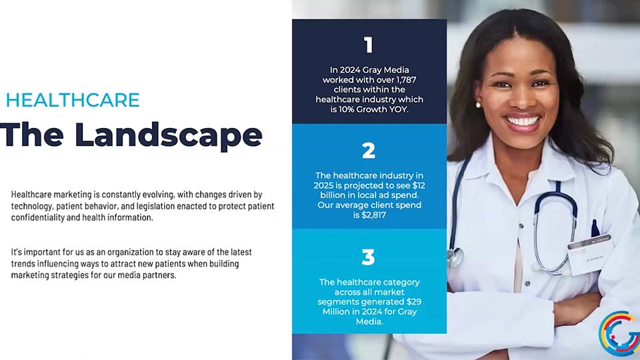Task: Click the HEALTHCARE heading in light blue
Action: (73, 100)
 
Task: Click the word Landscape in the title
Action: (168, 135)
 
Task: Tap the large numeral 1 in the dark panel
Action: (369, 45)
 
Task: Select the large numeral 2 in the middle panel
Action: (369, 151)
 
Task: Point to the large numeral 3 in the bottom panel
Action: (368, 257)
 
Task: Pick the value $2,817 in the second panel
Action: (373, 215)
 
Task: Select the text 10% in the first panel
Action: (347, 109)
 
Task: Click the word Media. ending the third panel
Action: (369, 321)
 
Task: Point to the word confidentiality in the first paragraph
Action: (37, 217)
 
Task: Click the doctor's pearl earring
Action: (478, 105)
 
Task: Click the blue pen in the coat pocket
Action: (595, 229)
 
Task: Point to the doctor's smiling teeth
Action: (523, 121)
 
